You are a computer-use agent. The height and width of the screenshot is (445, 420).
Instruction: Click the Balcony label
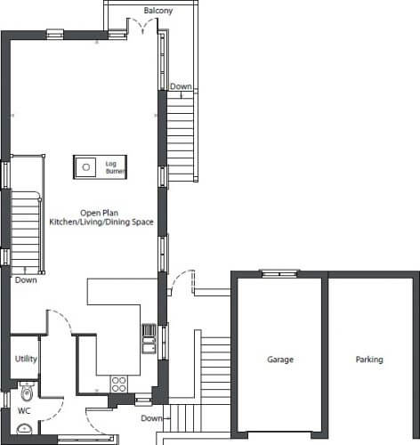158,11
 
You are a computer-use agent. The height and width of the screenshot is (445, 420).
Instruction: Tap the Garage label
280,360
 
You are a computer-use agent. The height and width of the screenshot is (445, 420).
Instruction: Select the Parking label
369,360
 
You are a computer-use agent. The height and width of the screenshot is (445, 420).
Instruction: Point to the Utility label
26,359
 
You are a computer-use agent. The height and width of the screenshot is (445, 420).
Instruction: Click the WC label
24,411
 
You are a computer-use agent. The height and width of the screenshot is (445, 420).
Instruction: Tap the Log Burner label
116,167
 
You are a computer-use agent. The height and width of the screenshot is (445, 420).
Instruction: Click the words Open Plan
100,213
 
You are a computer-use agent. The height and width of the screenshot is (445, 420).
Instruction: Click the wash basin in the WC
25,429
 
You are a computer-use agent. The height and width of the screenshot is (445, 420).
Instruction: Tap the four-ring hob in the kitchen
119,384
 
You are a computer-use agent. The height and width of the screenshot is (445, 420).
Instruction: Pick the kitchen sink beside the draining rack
149,344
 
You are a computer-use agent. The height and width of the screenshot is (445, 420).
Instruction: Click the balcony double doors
142,25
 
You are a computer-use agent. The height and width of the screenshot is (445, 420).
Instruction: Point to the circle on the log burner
86,167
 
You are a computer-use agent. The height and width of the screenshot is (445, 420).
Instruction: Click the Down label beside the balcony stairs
181,86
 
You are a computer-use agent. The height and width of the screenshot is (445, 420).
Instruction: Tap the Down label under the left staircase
26,280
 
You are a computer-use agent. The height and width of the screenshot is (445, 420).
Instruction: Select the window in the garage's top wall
279,273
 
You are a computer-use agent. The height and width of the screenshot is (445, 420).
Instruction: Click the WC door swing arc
58,412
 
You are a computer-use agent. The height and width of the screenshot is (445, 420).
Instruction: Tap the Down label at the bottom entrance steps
151,418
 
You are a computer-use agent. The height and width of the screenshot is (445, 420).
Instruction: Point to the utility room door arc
64,319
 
